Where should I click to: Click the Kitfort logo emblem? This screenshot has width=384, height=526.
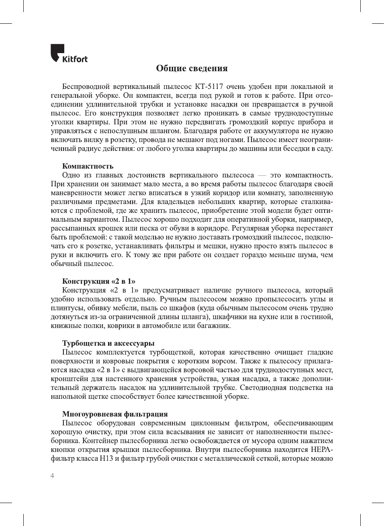(x=57, y=52)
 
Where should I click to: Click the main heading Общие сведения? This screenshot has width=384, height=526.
(x=192, y=68)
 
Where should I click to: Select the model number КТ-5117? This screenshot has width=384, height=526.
(x=209, y=87)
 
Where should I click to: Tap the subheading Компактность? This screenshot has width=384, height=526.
(x=88, y=166)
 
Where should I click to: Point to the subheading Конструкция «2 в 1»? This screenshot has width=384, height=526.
(x=98, y=281)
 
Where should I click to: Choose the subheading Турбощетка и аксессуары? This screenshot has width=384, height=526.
(x=108, y=343)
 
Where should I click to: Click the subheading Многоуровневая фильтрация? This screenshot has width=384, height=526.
(x=115, y=414)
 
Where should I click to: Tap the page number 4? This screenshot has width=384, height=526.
(x=52, y=476)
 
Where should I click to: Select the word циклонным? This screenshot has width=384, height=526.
(x=210, y=423)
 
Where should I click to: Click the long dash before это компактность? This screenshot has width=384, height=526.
(x=262, y=175)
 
